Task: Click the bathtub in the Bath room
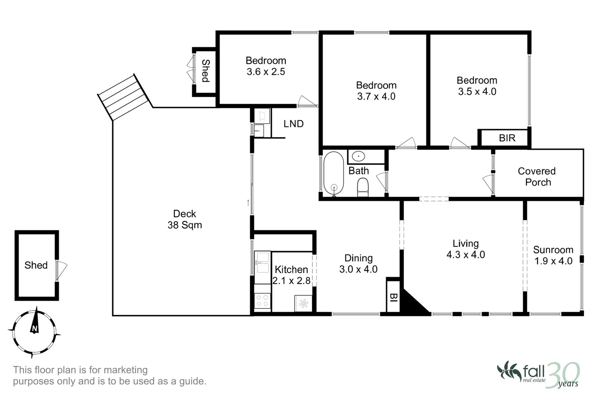click(333, 173)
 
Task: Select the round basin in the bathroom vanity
click(359, 157)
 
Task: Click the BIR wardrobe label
click(507, 138)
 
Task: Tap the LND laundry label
click(293, 124)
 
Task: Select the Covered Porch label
click(537, 177)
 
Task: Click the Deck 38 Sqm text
click(185, 219)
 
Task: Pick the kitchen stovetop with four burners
click(262, 301)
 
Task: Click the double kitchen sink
click(262, 263)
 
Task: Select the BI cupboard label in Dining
click(393, 297)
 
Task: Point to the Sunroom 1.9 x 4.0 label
click(553, 255)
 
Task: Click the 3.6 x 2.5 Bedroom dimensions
click(266, 72)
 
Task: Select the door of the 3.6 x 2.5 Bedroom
click(307, 100)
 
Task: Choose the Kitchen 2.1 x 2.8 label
click(291, 275)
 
